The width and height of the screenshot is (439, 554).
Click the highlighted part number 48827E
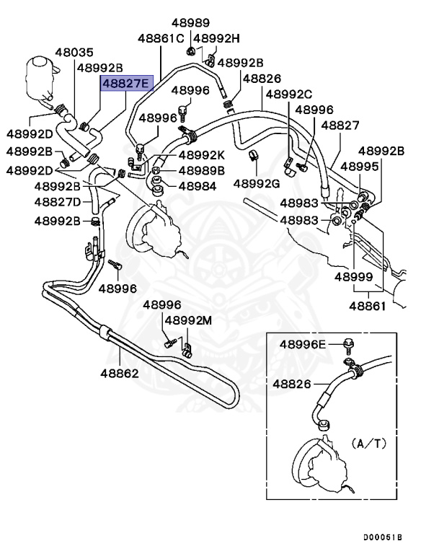(125, 84)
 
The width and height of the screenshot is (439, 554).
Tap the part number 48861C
(161, 38)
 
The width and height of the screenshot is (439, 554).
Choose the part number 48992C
(288, 94)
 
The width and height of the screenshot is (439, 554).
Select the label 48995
(359, 167)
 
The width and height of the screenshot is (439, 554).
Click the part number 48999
(352, 276)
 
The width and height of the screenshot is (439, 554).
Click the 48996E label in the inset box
(303, 344)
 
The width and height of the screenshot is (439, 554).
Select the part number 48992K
(202, 155)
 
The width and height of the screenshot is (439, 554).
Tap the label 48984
(197, 186)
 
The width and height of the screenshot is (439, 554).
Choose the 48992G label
(257, 183)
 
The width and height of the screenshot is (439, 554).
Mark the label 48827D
(63, 202)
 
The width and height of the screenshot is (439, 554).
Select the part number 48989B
(202, 171)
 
